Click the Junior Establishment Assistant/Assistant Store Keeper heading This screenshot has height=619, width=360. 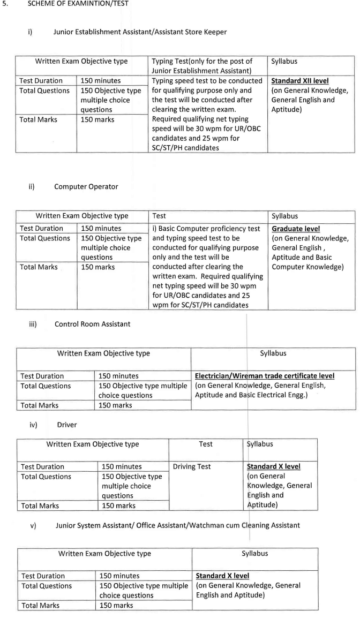click(x=140, y=32)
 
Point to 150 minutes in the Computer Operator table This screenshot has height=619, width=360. click(x=101, y=229)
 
